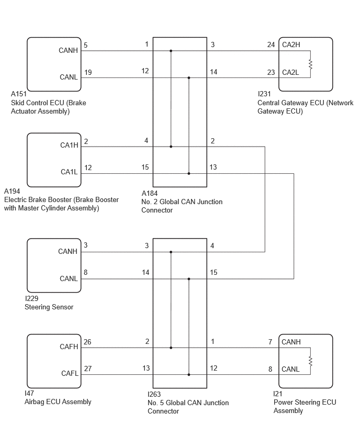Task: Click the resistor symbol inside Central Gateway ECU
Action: click(x=310, y=64)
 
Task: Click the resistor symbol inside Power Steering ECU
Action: click(x=310, y=361)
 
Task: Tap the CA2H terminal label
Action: click(x=291, y=44)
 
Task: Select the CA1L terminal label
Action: click(x=69, y=172)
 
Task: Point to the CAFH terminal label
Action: click(x=69, y=347)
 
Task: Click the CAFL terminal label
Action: click(x=70, y=373)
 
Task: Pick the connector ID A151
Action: click(x=19, y=94)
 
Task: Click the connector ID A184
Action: click(x=150, y=193)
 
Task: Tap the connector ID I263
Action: click(x=154, y=394)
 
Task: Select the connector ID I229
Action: click(x=31, y=298)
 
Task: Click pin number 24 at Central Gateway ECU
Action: click(x=271, y=44)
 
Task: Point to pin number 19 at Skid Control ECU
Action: click(x=88, y=73)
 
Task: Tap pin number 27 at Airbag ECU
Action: click(x=88, y=369)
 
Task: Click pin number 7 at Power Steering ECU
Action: click(x=270, y=342)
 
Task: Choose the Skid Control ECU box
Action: click(x=54, y=64)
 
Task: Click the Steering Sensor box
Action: click(x=54, y=265)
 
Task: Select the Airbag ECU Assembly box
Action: click(x=54, y=361)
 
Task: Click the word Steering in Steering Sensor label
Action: click(x=37, y=307)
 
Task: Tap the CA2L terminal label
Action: click(x=290, y=73)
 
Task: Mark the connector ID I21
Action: click(x=277, y=394)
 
